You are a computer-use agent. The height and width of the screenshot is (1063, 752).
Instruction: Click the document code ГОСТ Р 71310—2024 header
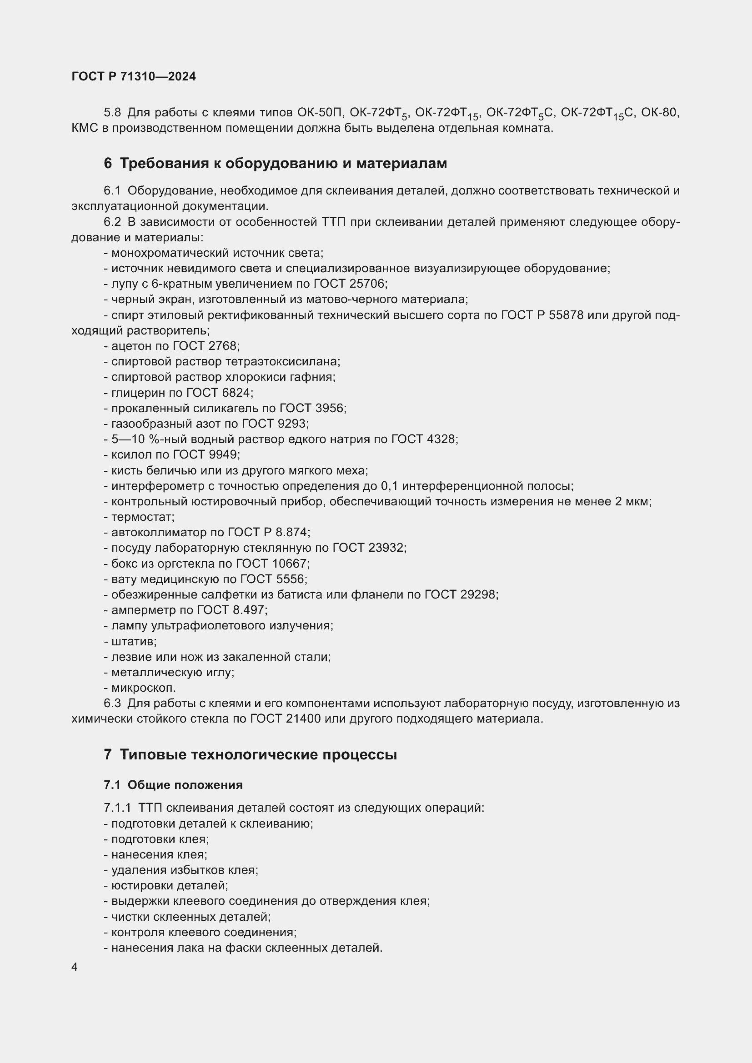point(133,76)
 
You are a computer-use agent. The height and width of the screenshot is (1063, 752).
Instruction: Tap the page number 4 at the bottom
point(75,967)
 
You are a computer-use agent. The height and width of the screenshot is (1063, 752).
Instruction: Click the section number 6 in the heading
point(108,164)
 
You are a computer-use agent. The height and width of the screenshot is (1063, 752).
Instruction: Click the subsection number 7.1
point(112,785)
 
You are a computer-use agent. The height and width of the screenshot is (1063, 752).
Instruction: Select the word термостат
point(142,517)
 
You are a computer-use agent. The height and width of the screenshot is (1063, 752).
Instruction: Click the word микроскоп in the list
point(143,688)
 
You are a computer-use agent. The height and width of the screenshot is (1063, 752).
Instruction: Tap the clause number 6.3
point(112,703)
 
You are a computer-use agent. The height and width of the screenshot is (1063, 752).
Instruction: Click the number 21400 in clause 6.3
point(301,719)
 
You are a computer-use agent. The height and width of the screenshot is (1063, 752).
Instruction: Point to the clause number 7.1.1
point(118,808)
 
